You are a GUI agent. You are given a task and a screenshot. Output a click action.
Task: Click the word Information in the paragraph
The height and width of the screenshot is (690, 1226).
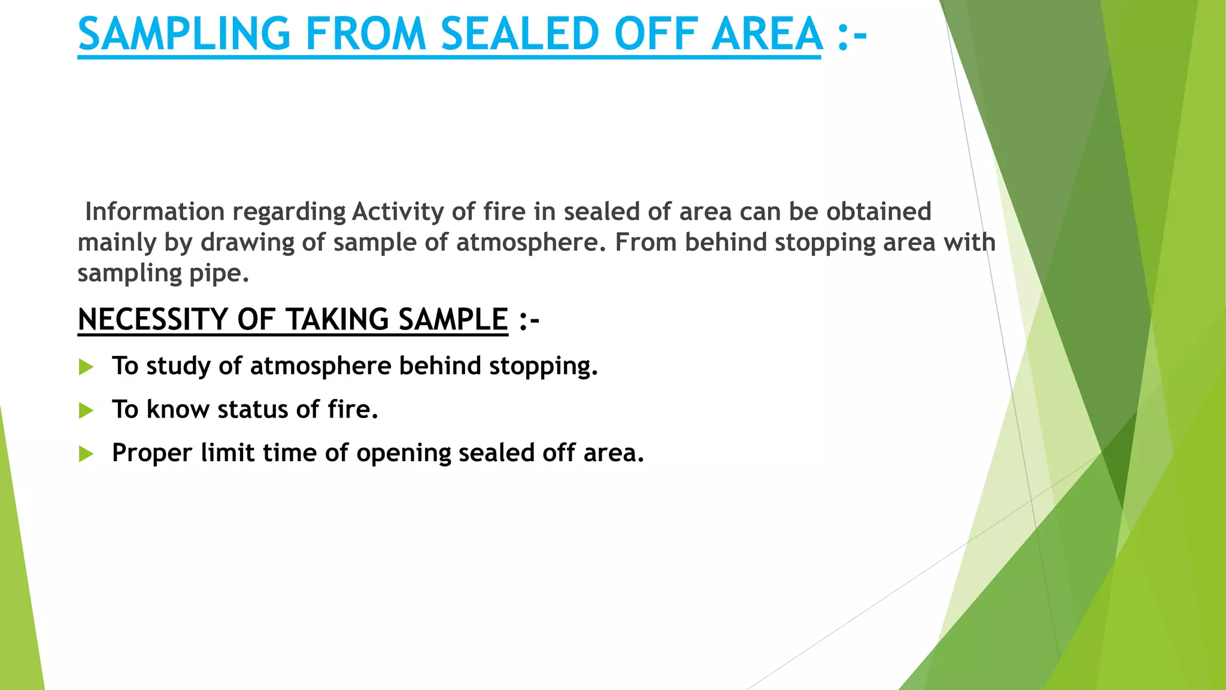tap(154, 211)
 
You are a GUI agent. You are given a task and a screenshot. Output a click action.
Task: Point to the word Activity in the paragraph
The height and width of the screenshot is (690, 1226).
tap(398, 211)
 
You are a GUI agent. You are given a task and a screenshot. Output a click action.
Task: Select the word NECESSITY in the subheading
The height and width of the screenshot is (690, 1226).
tap(153, 319)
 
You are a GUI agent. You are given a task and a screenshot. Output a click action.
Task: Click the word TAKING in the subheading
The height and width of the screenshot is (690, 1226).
tap(338, 319)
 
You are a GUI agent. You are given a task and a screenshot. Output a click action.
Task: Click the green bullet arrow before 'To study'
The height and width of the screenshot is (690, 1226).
tap(86, 367)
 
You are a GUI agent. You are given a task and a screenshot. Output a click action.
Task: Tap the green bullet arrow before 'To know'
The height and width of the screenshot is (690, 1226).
tap(86, 410)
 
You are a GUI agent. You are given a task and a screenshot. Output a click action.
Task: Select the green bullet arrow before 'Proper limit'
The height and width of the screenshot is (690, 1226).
tap(86, 454)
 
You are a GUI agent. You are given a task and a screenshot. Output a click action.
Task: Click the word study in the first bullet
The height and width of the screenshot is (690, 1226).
tap(178, 366)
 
